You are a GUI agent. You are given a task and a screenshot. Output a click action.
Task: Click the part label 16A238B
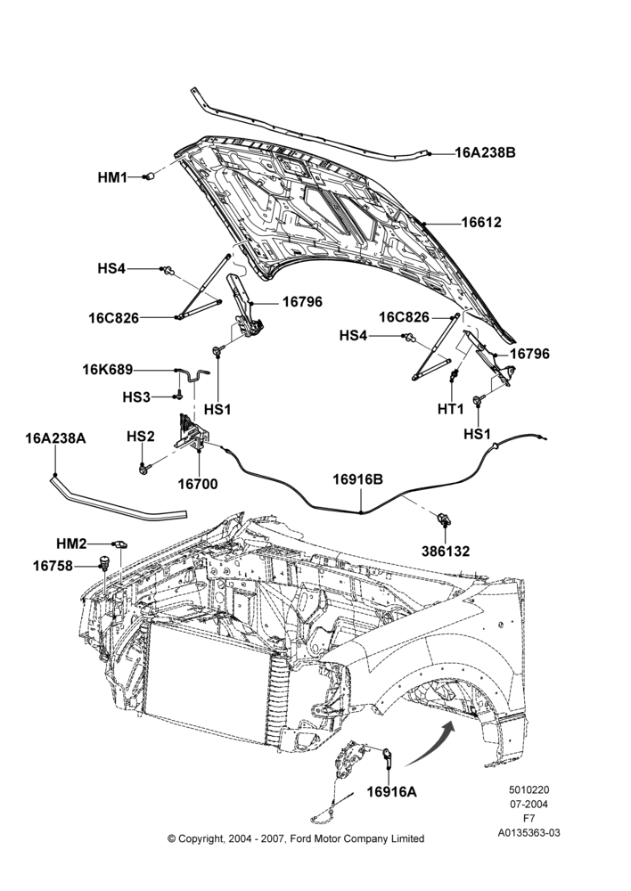485,153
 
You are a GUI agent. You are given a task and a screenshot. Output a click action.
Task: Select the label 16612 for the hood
481,222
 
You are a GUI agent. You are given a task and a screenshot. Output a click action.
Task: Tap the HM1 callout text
112,177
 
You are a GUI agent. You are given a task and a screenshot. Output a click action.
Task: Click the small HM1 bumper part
150,176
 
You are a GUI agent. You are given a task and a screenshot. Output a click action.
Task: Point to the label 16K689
108,370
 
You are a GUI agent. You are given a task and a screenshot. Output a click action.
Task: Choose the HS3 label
136,396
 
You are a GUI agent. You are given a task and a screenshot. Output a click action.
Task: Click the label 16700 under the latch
197,484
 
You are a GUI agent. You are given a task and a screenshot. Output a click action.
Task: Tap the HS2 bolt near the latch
143,469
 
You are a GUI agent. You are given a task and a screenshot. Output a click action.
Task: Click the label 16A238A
55,438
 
